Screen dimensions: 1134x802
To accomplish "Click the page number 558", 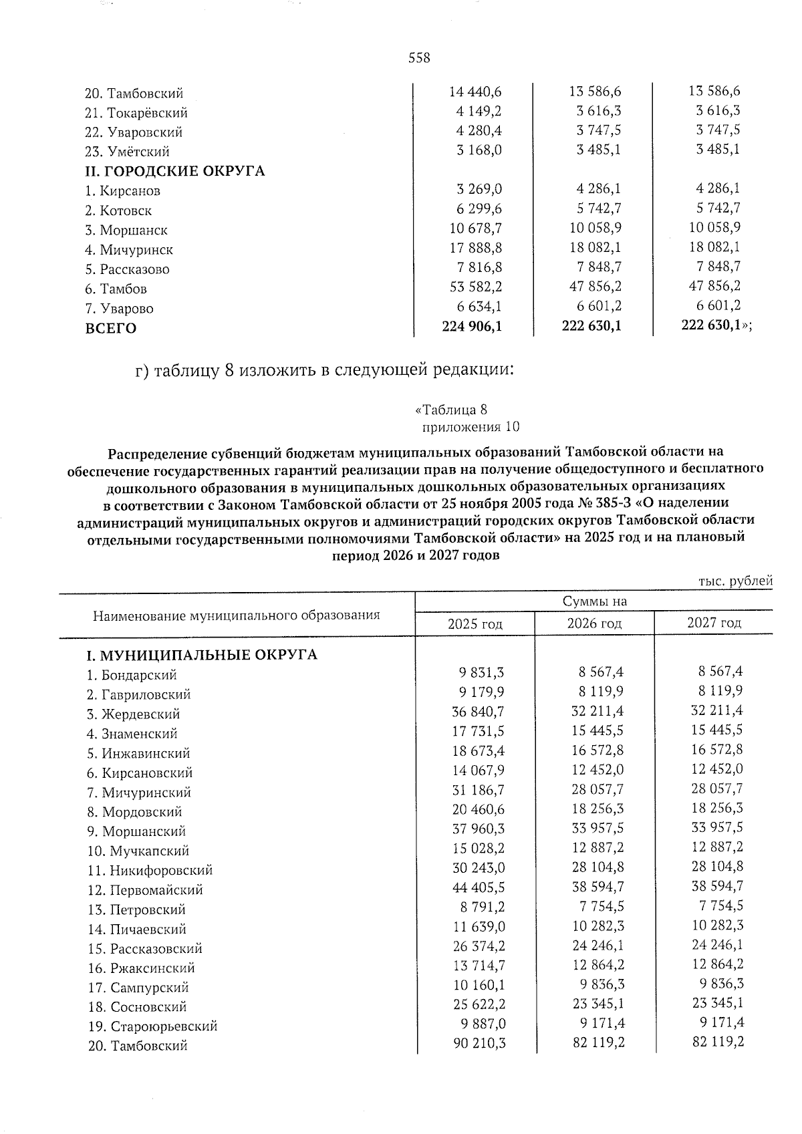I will click(x=419, y=58).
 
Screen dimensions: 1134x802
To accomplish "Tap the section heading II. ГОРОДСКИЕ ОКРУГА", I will click(x=174, y=171).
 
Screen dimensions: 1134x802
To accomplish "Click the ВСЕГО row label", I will click(x=110, y=328).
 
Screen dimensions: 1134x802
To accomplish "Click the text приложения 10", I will click(x=471, y=427).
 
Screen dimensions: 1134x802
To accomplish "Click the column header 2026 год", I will click(x=594, y=623).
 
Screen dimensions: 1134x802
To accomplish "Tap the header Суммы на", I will click(x=594, y=601).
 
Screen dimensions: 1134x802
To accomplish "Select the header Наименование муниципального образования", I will click(x=236, y=615).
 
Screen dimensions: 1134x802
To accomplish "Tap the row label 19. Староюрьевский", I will click(x=152, y=1026).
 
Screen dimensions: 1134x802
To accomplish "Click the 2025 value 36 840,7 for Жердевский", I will click(x=478, y=713).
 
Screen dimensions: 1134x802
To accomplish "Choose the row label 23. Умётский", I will click(x=127, y=152).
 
